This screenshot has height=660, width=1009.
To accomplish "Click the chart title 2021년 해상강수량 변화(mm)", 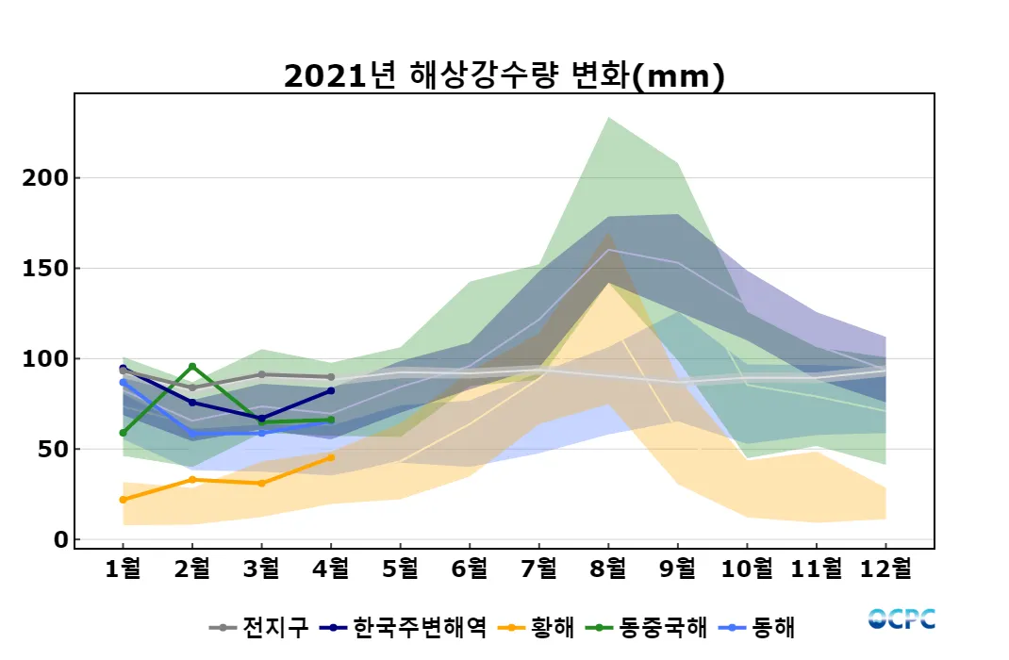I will (x=504, y=75).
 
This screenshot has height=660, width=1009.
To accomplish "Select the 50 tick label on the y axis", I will (x=54, y=450).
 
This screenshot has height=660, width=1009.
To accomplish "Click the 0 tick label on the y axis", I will (x=61, y=540).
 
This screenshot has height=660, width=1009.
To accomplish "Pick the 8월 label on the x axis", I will (x=608, y=569).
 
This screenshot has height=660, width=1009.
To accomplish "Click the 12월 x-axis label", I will (x=885, y=569).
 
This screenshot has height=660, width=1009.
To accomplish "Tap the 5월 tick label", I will (x=400, y=569).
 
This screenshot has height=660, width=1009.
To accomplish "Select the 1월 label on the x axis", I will (x=123, y=569).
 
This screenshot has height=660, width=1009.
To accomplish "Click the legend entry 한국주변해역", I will (x=405, y=627).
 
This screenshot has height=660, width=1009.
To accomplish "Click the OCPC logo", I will (x=901, y=619).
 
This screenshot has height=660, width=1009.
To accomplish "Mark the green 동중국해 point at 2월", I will (x=192, y=367).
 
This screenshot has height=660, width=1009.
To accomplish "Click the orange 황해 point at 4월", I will (x=331, y=457).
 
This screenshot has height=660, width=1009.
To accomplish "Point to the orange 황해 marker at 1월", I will (x=123, y=500).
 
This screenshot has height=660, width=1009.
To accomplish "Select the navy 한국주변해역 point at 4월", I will (x=331, y=390).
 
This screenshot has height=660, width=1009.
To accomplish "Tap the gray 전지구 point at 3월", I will (x=261, y=374).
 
